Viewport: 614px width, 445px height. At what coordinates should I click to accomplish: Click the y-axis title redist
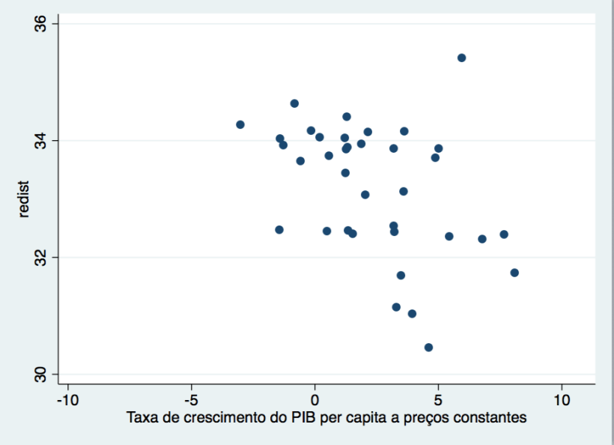tap(24, 199)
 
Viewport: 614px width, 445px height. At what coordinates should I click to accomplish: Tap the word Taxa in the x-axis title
tap(141, 417)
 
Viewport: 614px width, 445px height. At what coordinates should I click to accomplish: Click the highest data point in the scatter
tap(461, 58)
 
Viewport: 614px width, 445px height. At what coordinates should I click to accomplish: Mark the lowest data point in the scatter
tap(428, 347)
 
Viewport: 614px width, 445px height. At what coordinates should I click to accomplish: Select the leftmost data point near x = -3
tap(240, 124)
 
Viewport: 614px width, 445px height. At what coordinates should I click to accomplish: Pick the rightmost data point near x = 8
tap(514, 273)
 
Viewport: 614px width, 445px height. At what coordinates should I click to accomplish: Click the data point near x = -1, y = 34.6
tap(294, 103)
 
